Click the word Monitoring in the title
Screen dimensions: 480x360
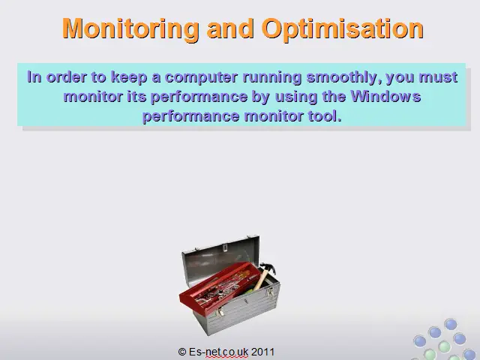pos(130,29)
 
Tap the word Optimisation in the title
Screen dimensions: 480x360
pos(343,29)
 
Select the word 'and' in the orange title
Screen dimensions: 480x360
pos(230,28)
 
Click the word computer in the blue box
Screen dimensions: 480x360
pos(201,77)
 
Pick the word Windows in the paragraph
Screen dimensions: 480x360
pos(385,97)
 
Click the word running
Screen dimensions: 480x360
pos(272,77)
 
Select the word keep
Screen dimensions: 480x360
pos(129,77)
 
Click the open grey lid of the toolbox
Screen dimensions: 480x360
pos(220,257)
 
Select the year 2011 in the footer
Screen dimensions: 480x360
pos(262,352)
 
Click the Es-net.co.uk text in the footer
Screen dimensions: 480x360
pos(218,352)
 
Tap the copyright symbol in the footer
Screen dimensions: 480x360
pos(181,352)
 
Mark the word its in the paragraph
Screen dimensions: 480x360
pos(136,97)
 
